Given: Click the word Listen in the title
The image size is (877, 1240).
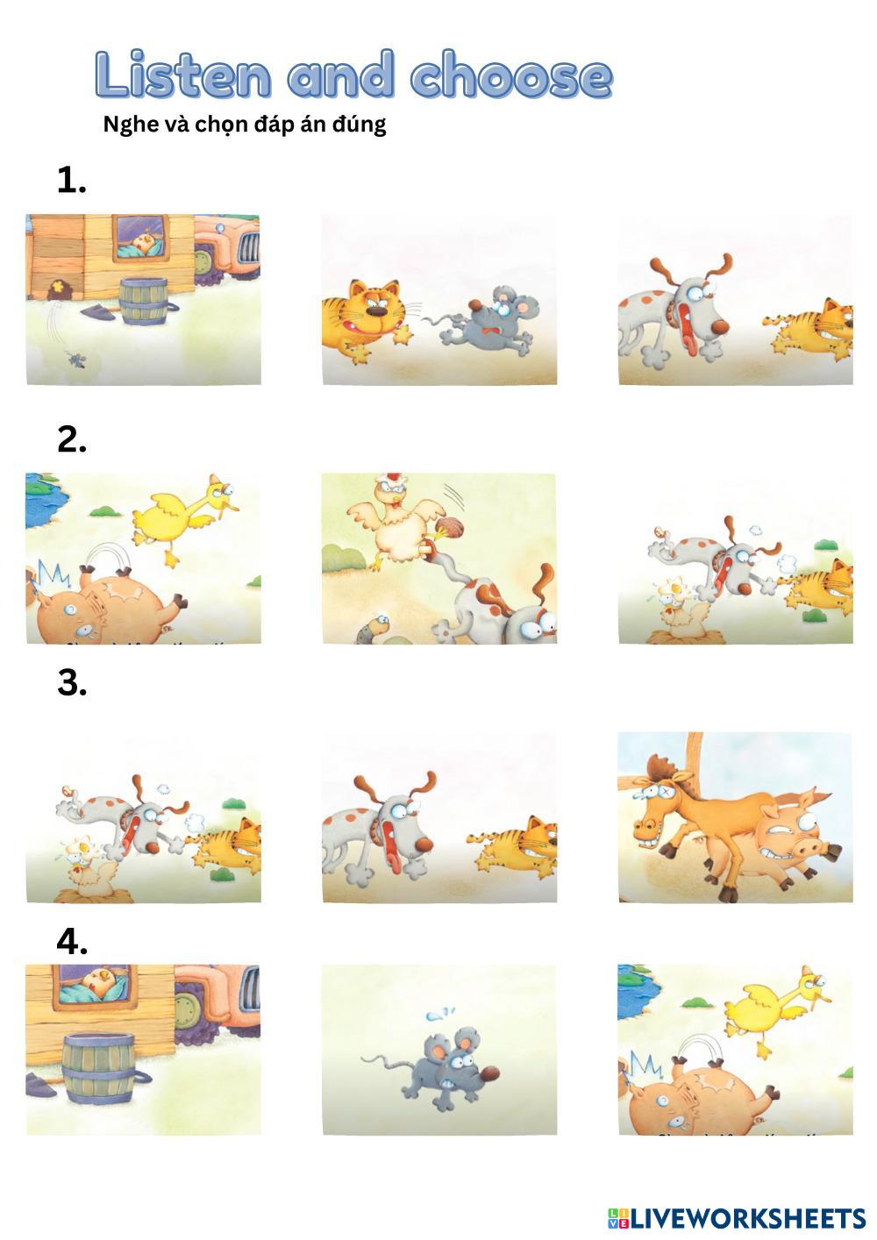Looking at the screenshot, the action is [x=183, y=75].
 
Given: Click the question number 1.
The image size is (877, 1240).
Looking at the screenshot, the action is [x=72, y=181].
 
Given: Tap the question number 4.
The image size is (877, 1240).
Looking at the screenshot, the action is [x=72, y=941].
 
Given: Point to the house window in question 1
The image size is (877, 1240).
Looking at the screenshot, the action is [x=141, y=239].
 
